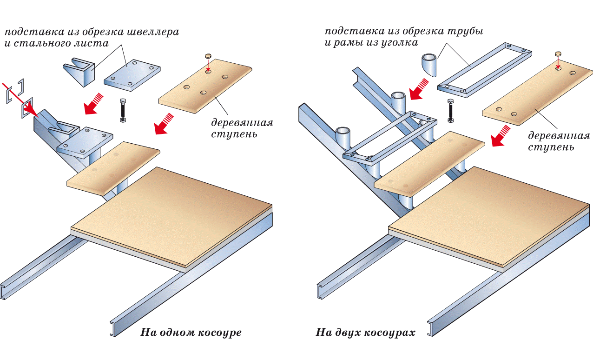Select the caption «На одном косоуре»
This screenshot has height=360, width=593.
coord(191,333)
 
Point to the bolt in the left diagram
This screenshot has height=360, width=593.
coord(123,110)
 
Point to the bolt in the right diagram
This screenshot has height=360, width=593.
coord(450,110)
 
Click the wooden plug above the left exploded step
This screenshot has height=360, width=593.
coord(208,56)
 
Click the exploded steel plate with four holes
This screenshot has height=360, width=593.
coord(132,75)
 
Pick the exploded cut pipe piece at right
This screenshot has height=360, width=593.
coord(429,64)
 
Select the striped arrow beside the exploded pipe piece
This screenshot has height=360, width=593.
coord(418,88)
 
